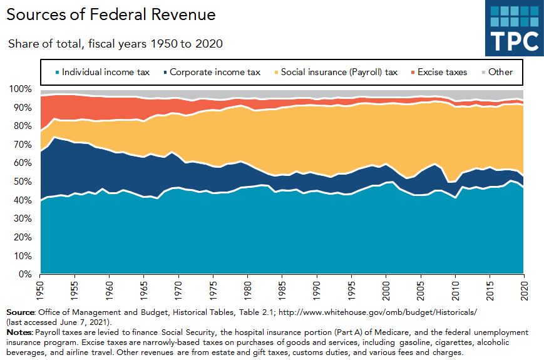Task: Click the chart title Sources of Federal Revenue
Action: pyautogui.click(x=111, y=14)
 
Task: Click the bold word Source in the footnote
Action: pyautogui.click(x=20, y=312)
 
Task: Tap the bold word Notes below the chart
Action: pyautogui.click(x=19, y=332)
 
